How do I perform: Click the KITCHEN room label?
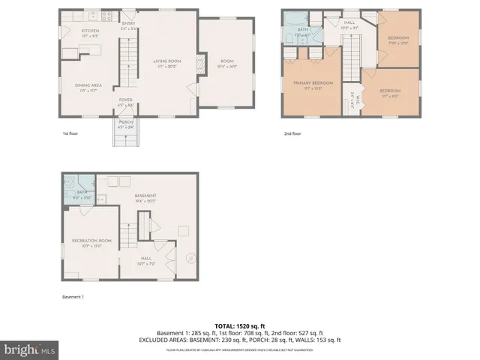tap(91, 31)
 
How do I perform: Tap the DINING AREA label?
tap(88, 86)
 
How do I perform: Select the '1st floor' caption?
tap(71, 133)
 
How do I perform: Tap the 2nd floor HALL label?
tap(349, 24)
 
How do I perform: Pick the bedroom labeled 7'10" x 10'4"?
tap(397, 40)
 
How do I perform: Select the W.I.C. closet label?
tap(352, 98)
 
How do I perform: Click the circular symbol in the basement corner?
tap(190, 259)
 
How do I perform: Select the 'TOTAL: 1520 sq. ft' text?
tap(240, 325)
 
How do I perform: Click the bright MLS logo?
tap(30, 349)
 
